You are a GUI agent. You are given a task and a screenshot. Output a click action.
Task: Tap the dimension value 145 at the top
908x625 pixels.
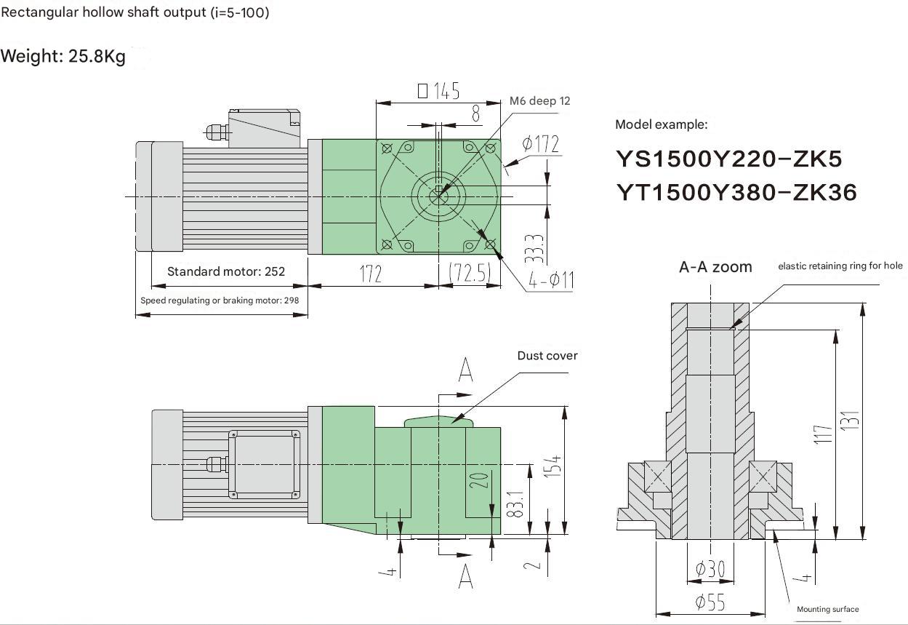click(x=439, y=91)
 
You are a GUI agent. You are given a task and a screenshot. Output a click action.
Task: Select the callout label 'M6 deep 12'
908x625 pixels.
click(x=539, y=101)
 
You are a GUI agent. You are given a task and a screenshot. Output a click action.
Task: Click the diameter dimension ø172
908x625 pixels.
click(x=541, y=144)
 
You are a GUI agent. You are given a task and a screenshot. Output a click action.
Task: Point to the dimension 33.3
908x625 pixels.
click(x=534, y=249)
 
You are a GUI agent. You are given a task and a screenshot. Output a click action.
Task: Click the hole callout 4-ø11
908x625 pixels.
click(x=550, y=280)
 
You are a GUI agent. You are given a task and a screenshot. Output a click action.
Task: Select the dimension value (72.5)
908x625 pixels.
click(x=469, y=274)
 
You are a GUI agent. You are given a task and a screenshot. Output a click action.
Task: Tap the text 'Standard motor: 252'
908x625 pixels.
click(x=226, y=271)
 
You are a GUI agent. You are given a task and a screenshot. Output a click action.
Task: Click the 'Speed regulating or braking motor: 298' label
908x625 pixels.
click(x=220, y=300)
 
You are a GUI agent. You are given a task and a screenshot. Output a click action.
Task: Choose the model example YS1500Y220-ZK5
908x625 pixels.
click(x=729, y=159)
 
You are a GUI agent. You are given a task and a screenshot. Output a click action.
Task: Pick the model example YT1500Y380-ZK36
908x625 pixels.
click(x=736, y=192)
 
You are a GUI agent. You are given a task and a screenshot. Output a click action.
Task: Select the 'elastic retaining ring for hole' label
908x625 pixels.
click(x=840, y=266)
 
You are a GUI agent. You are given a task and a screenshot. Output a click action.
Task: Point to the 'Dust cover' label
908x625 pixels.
click(x=547, y=356)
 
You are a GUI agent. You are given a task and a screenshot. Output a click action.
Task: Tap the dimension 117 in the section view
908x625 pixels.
click(x=822, y=434)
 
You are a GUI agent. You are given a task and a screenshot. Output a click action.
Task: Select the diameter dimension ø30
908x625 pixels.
click(x=710, y=569)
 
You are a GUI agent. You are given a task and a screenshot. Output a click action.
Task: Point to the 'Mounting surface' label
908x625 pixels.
click(x=827, y=609)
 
